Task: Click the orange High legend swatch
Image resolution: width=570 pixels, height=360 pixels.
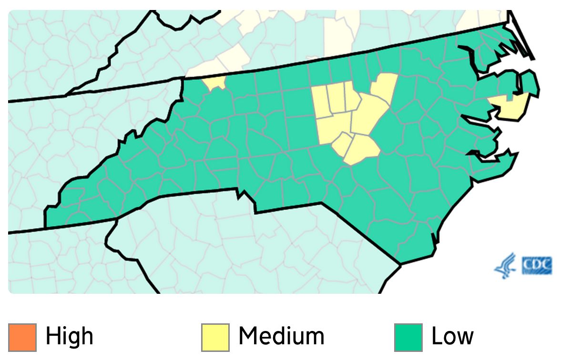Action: [22, 337]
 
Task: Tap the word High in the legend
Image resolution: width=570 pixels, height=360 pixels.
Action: [69, 337]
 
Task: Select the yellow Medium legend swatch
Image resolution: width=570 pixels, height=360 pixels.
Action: [215, 337]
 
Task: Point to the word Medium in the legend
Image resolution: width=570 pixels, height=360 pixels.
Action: [281, 337]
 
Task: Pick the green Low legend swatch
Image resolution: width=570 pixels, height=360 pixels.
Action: [408, 337]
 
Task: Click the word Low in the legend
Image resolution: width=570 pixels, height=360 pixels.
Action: [452, 337]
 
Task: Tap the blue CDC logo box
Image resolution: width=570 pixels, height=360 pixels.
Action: [537, 266]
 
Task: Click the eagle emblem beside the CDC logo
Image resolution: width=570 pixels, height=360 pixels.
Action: [505, 266]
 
